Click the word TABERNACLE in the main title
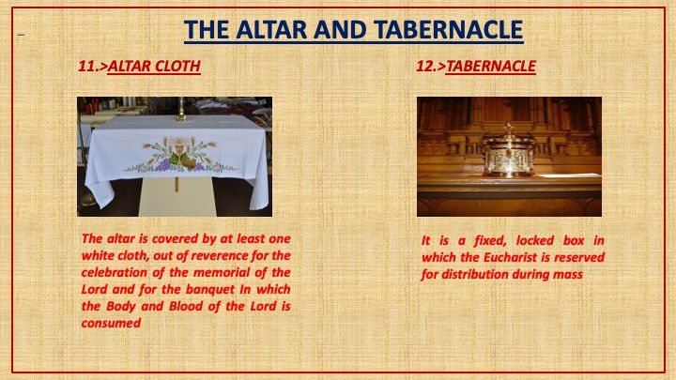[449, 30]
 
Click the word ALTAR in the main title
[270, 30]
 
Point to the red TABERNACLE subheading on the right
[491, 66]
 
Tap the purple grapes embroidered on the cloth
[163, 164]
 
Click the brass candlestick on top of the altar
[181, 110]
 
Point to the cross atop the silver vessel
[509, 128]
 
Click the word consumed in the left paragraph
[111, 323]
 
